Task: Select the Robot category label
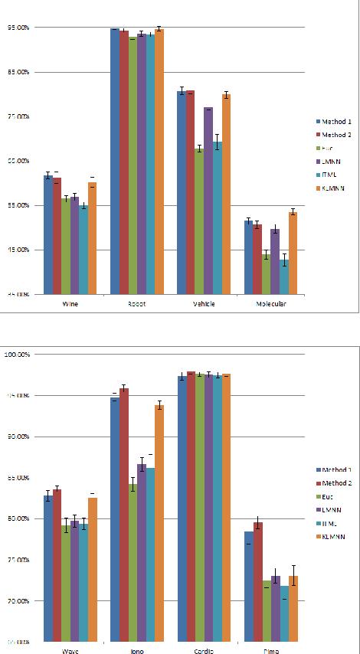coord(137,304)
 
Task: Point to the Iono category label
coord(137,651)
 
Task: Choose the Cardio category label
coord(204,651)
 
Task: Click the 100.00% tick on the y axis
coord(17,355)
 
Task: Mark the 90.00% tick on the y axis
coord(17,437)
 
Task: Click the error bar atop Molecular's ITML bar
coord(284,260)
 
